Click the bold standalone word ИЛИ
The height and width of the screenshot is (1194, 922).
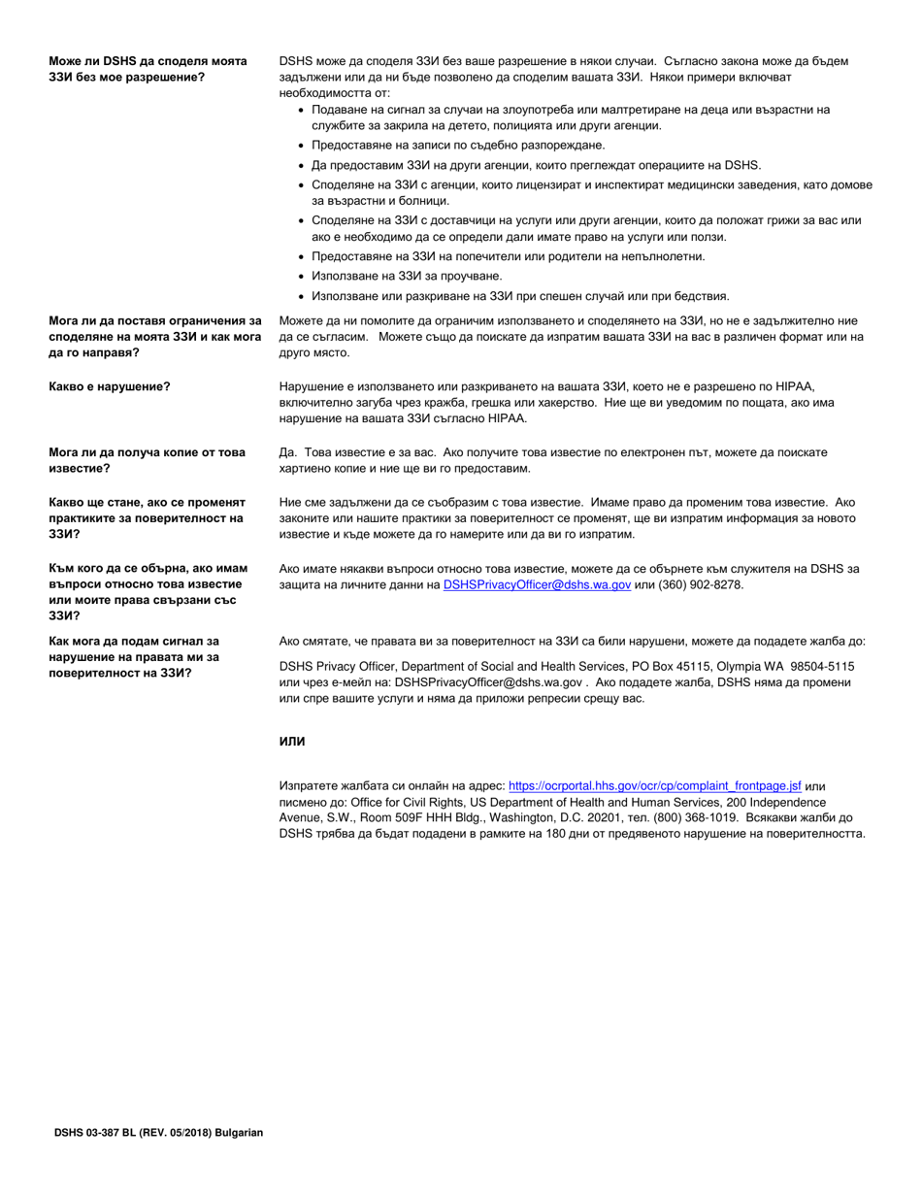point(292,742)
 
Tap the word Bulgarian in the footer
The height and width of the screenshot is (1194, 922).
point(238,1133)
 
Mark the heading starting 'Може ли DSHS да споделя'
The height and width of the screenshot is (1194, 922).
point(148,69)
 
